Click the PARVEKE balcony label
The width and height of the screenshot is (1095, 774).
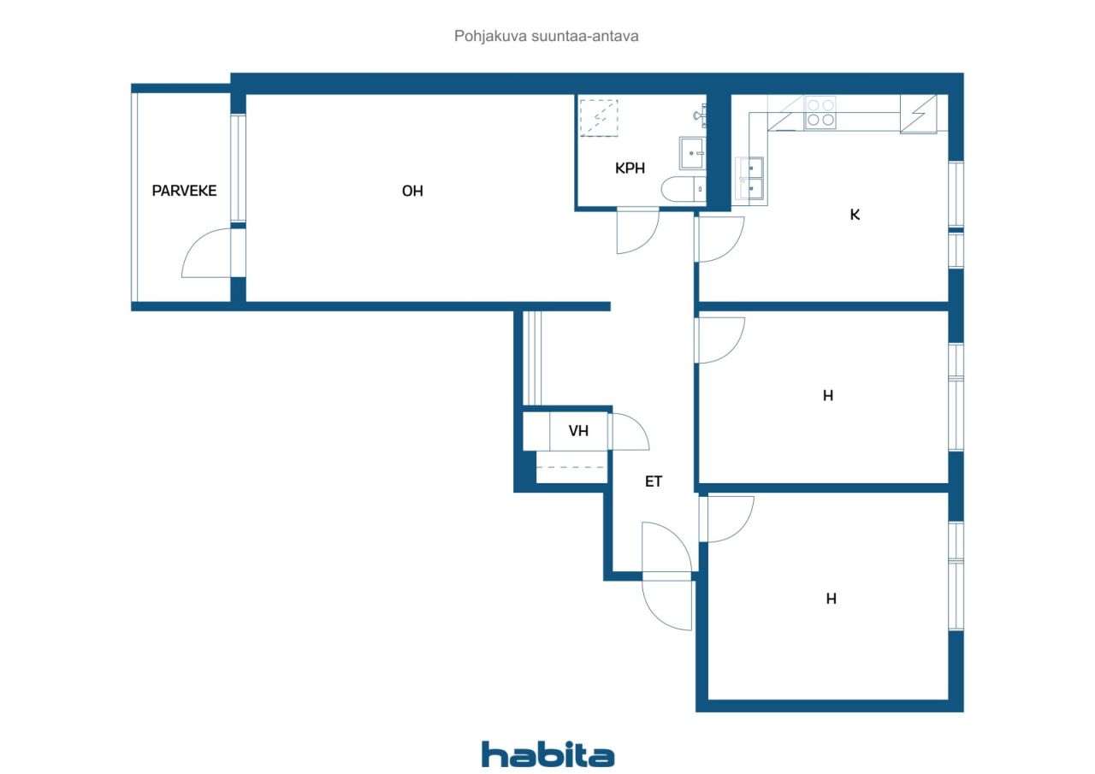[x=184, y=191]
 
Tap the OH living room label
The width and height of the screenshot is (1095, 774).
[x=412, y=191]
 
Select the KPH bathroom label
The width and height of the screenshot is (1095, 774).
[x=630, y=168]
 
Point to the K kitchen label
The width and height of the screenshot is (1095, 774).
[x=855, y=215]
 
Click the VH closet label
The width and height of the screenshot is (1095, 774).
[x=578, y=431]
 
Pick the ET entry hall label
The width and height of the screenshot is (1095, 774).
[x=653, y=482]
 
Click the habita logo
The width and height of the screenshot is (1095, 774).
[x=547, y=755]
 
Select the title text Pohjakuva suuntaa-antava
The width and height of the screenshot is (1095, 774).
[x=546, y=36]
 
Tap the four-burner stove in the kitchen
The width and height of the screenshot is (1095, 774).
[x=820, y=112]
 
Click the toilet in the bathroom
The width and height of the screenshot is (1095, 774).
[x=684, y=189]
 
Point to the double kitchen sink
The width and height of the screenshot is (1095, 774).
[x=751, y=179]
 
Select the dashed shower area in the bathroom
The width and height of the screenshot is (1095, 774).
[x=599, y=118]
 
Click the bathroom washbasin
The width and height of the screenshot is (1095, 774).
[x=692, y=153]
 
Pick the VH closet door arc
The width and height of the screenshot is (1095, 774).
[x=638, y=424]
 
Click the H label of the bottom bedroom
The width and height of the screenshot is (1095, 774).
[x=831, y=599]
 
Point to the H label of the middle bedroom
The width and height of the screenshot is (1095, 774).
[x=827, y=395]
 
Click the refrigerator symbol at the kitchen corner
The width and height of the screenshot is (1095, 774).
[x=919, y=114]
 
